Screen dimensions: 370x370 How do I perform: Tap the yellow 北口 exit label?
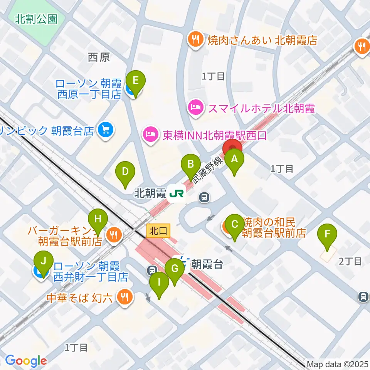158,231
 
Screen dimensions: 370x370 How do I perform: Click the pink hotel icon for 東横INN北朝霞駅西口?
150,135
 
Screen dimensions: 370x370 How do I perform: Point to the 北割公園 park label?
36,19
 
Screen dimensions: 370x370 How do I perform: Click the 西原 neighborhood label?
99,57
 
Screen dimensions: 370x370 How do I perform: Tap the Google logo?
25,361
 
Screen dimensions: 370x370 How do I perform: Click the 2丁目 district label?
350,262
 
